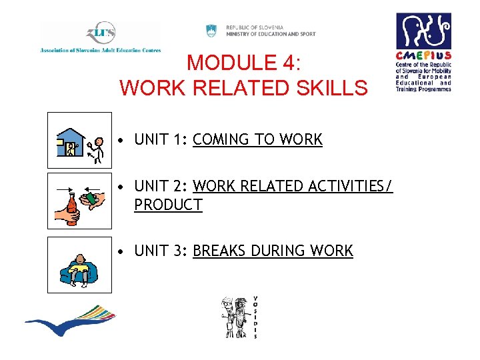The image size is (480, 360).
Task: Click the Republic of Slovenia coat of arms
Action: point(211,30)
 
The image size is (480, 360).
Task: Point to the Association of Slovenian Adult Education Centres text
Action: point(100,50)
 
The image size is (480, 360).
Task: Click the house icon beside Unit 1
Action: point(73,143)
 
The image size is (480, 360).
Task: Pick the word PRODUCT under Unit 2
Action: point(168,205)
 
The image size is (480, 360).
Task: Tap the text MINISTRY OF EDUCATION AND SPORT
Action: point(271,34)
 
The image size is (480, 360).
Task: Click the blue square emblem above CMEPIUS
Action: point(423,31)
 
